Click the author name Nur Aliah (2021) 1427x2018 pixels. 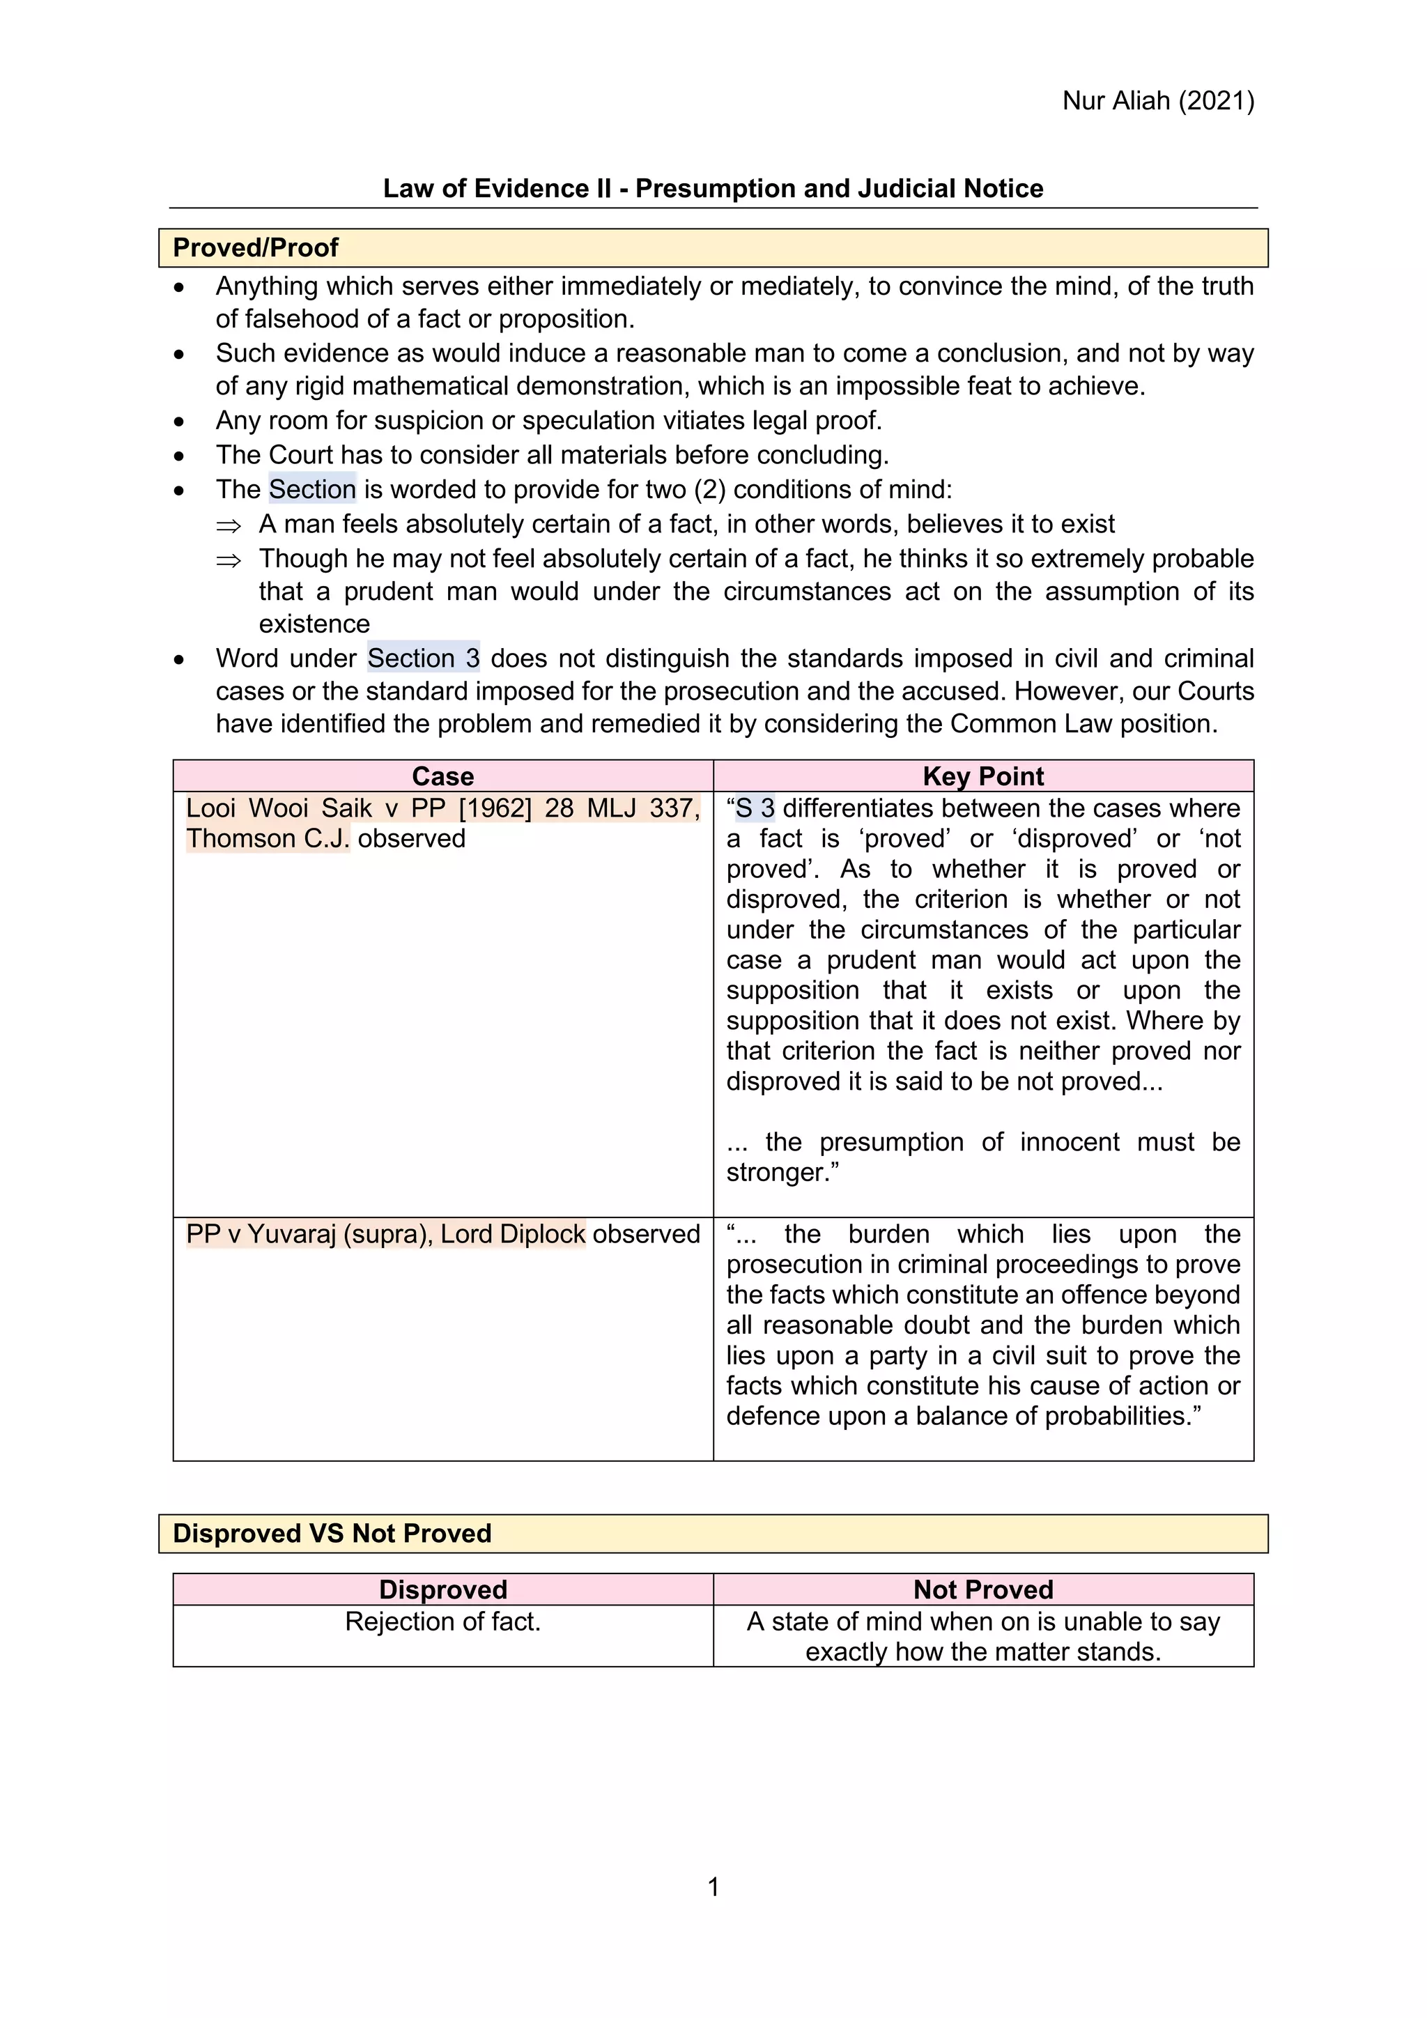coord(1157,101)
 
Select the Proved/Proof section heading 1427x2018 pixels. coord(255,248)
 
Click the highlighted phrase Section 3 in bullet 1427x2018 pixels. coord(423,658)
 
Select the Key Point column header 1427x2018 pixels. coord(982,776)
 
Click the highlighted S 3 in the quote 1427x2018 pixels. coord(755,808)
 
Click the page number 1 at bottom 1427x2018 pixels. coord(713,1887)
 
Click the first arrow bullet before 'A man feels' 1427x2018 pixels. coord(229,525)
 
